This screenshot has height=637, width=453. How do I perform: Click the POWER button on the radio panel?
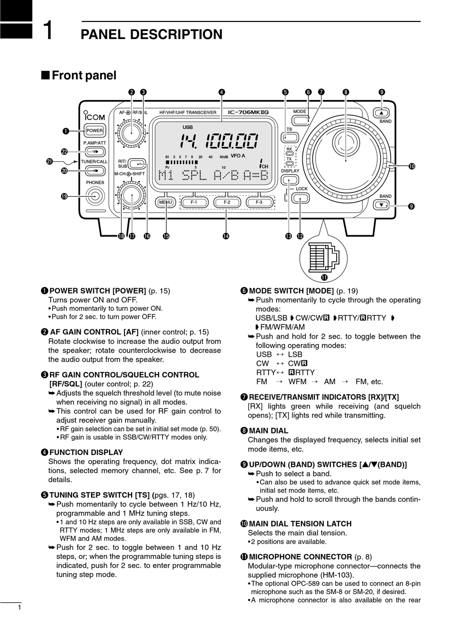click(x=94, y=131)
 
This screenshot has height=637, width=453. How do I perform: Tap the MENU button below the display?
click(x=165, y=202)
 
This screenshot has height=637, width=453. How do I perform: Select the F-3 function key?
click(x=259, y=202)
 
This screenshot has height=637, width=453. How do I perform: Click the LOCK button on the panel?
click(x=301, y=198)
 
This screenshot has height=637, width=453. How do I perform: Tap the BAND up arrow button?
click(x=381, y=113)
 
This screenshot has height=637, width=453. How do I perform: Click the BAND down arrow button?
click(x=381, y=205)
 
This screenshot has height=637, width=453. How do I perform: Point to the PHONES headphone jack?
click(x=95, y=196)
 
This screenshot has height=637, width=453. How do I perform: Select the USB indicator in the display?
click(x=187, y=127)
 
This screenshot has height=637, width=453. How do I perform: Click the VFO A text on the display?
click(x=237, y=155)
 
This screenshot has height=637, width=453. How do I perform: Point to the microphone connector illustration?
click(x=323, y=257)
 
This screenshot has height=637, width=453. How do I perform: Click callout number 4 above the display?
click(x=222, y=92)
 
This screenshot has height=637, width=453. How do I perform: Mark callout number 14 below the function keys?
click(x=226, y=236)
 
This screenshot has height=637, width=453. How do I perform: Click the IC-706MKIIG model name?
click(x=248, y=112)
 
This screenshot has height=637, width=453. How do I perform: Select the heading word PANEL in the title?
click(x=103, y=34)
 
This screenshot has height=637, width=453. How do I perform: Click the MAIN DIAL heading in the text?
click(x=268, y=431)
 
